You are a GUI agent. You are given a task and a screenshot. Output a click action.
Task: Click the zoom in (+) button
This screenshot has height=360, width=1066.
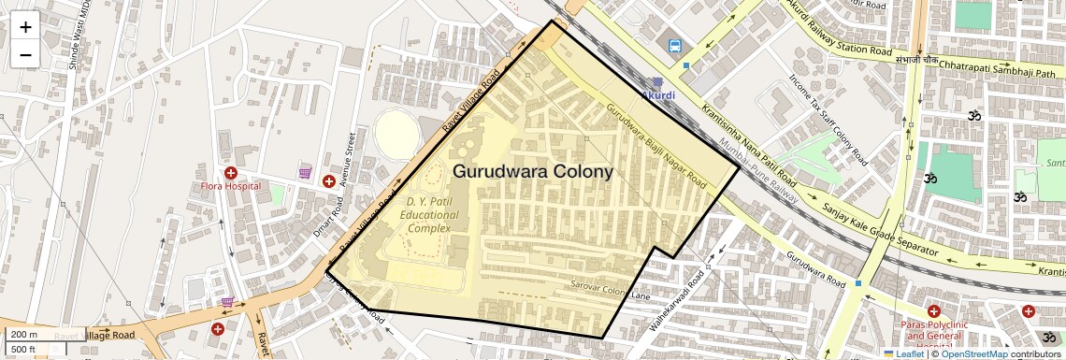(25, 27)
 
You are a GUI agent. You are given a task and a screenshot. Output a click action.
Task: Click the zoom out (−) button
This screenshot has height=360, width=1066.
(25, 54)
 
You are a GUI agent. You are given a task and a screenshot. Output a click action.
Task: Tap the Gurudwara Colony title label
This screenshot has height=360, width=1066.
(533, 172)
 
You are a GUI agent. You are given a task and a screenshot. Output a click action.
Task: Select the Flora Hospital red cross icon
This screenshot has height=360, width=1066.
(230, 172)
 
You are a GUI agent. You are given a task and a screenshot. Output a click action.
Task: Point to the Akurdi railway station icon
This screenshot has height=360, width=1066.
(657, 82)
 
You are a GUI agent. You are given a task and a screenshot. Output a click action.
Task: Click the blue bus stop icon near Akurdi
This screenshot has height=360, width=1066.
(674, 45)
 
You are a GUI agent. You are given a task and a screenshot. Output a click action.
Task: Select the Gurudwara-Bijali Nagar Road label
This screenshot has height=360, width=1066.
(655, 141)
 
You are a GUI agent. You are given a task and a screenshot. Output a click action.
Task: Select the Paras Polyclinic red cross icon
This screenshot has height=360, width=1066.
(933, 310)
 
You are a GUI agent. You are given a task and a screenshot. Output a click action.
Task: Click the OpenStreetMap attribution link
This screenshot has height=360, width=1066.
(973, 354)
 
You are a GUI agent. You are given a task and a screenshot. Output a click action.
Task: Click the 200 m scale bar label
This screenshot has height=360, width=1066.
(24, 335)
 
